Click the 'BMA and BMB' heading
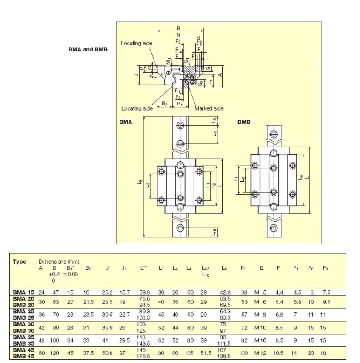88,49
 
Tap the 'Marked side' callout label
209,108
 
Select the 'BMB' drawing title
243,122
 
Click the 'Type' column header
20,262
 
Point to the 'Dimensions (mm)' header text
59,261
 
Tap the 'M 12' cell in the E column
260,353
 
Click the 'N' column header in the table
243,268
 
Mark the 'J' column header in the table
107,268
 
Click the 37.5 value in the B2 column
88,353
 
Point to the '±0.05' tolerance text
70,274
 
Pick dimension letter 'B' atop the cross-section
178,29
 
